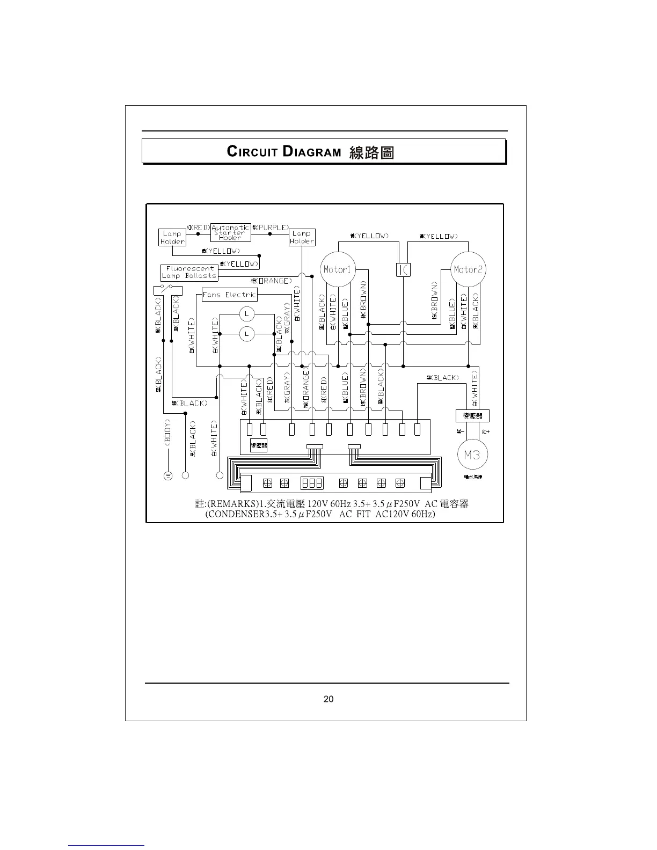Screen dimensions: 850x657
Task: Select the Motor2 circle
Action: [x=468, y=269]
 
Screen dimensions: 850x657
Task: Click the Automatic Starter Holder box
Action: [x=230, y=232]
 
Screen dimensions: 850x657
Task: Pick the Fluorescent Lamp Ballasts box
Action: [x=189, y=272]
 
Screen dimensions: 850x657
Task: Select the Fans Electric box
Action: [x=230, y=295]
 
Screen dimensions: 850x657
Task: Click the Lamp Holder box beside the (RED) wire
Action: [x=172, y=237]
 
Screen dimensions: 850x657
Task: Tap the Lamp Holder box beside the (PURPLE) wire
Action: [x=302, y=237]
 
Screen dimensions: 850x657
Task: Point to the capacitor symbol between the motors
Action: [x=403, y=269]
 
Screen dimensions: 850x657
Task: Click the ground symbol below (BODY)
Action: [x=167, y=475]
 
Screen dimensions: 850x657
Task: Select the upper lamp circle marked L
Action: [x=246, y=313]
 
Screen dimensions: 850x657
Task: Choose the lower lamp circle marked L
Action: [x=246, y=334]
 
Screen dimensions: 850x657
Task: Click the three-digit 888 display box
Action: [x=312, y=483]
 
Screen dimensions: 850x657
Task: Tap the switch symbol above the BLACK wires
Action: [x=168, y=290]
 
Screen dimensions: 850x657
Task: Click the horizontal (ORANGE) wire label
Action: [x=272, y=281]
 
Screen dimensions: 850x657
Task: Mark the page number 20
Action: [x=328, y=699]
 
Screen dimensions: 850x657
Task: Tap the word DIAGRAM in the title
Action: [x=312, y=152]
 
